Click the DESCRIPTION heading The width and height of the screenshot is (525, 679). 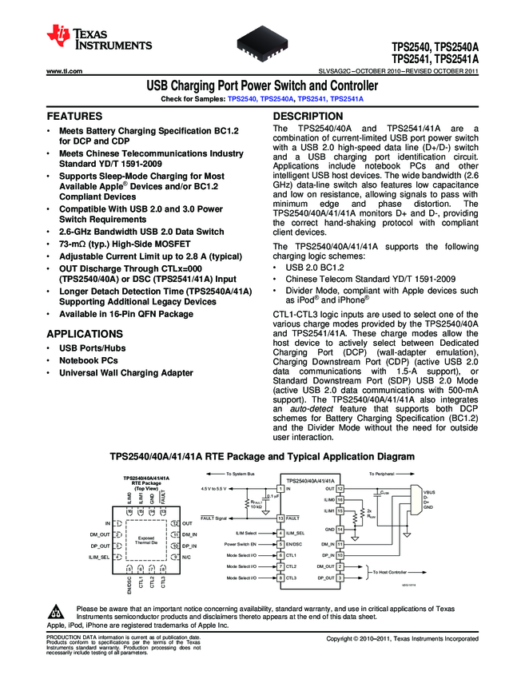pyautogui.click(x=308, y=116)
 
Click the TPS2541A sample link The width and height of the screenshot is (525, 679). pyautogui.click(x=347, y=98)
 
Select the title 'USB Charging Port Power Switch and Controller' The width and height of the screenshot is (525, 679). pyautogui.click(x=262, y=86)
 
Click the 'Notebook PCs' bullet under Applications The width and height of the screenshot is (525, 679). pyautogui.click(x=88, y=360)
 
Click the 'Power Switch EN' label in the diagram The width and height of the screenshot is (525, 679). pyautogui.click(x=241, y=543)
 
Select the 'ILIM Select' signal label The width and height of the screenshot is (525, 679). pyautogui.click(x=245, y=532)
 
